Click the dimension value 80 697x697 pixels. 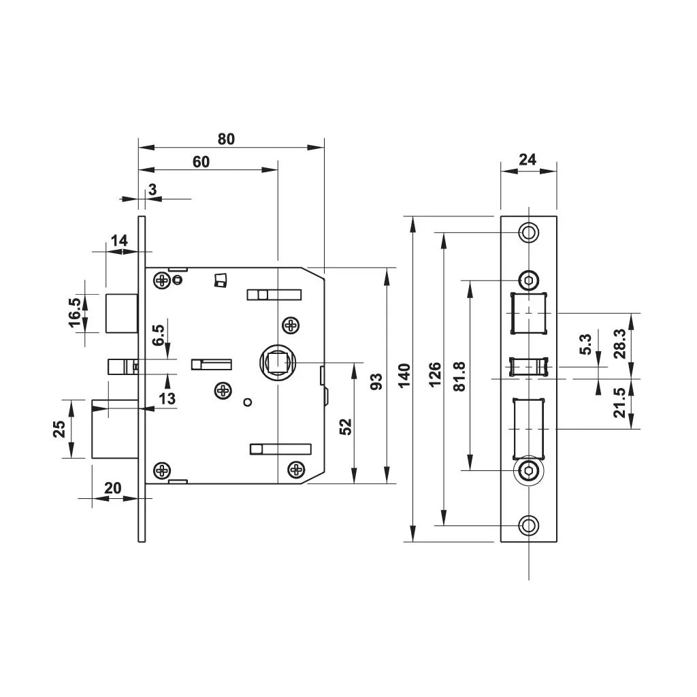point(226,139)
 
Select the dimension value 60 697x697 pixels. point(201,161)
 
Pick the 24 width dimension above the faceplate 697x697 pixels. point(528,160)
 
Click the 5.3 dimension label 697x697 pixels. point(586,344)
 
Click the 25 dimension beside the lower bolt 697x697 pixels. point(59,428)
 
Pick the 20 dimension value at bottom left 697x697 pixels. point(113,487)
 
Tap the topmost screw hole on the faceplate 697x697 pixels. point(528,232)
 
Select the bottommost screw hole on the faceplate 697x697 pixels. point(528,525)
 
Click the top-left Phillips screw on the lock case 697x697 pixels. point(162,280)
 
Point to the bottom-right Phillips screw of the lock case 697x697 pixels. point(296,468)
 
